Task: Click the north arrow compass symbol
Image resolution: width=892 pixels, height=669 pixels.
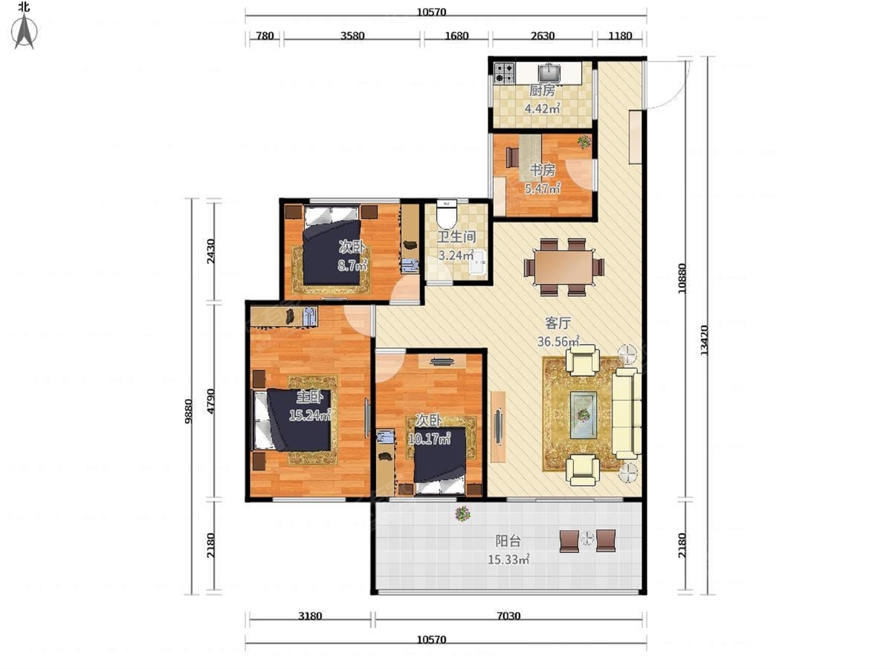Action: click(25, 31)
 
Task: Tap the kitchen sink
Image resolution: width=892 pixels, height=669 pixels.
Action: click(549, 73)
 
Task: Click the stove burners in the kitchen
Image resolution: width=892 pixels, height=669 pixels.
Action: click(504, 73)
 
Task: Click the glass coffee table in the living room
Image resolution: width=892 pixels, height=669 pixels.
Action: click(584, 415)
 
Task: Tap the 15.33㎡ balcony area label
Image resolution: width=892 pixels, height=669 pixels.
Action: click(508, 560)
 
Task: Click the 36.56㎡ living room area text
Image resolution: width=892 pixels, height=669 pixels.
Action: click(558, 341)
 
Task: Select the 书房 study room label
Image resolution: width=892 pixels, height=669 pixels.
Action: click(542, 170)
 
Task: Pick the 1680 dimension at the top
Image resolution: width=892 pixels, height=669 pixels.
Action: click(456, 36)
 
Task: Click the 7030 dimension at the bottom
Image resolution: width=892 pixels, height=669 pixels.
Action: click(508, 616)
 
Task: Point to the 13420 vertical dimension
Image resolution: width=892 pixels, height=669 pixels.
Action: click(704, 340)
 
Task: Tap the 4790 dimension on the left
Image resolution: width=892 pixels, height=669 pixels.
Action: click(210, 401)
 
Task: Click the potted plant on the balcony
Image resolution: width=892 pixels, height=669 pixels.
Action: click(462, 514)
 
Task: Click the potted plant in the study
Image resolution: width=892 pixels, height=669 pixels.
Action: click(584, 142)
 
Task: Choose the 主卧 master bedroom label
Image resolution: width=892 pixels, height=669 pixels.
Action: click(309, 397)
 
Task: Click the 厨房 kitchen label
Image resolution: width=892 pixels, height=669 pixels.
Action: click(542, 90)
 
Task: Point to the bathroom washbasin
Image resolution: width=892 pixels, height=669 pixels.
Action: click(478, 262)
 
